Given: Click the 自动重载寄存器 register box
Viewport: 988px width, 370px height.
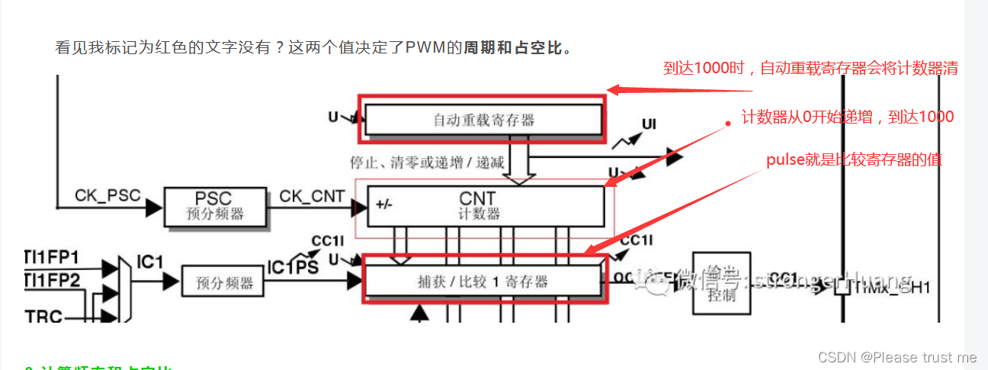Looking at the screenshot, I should tap(483, 120).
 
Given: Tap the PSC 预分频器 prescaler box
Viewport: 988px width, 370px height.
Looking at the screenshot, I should tap(216, 206).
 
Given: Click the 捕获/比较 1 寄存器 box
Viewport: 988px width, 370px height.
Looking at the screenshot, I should tap(483, 282).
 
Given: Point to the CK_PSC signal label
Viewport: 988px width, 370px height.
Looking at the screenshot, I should tap(107, 196).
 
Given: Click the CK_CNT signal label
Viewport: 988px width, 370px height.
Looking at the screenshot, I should tap(311, 196).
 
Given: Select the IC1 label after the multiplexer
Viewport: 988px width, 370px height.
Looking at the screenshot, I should tap(150, 262).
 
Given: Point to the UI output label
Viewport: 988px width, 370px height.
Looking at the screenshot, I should tap(649, 124).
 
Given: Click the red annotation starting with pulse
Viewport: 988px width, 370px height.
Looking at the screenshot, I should tap(854, 160).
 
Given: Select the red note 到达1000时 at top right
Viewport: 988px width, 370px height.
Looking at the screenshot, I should tap(810, 69).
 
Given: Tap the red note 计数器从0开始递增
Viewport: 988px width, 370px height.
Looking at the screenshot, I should tap(847, 117).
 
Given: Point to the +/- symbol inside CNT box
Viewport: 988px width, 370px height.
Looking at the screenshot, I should tap(383, 205).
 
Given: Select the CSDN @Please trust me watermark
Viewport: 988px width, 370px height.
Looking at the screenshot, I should tap(897, 357).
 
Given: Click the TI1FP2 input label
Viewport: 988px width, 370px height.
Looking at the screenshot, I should tap(55, 280).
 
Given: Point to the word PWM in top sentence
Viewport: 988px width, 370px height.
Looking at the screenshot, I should tap(434, 48).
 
